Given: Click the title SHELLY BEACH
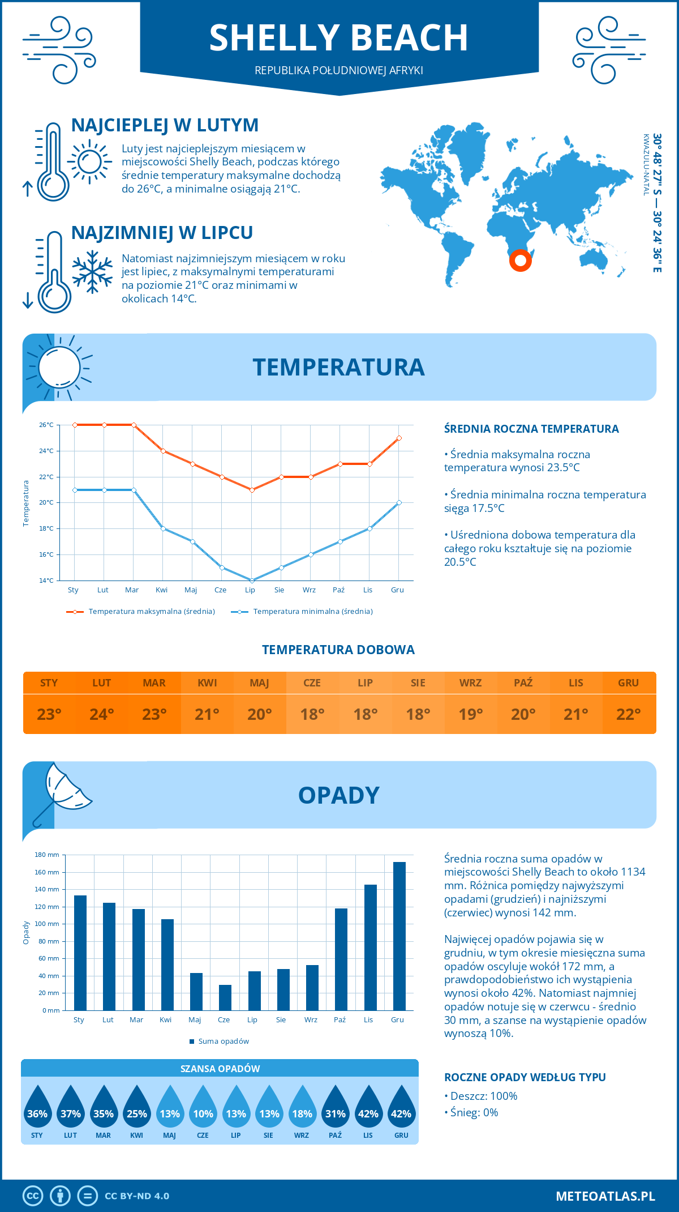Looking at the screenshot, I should click(338, 39).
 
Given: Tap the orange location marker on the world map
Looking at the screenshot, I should click(520, 261).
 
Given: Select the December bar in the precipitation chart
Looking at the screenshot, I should click(399, 936).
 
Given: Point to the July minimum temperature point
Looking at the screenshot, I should click(252, 581).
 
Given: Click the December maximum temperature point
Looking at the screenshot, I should click(399, 438).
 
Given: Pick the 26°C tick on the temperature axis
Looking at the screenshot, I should click(46, 425).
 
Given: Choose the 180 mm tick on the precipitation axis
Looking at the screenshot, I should click(47, 855).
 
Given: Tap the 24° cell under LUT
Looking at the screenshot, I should click(102, 714).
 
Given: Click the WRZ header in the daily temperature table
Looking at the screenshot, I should click(470, 683).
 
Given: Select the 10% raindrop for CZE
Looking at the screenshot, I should click(203, 1108).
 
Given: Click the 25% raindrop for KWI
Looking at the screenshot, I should click(137, 1108).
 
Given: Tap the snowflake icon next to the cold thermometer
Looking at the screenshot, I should click(92, 272).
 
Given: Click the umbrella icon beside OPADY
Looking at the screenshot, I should click(62, 790).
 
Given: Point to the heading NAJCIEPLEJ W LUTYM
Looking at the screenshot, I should click(165, 125).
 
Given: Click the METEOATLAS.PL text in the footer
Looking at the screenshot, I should click(605, 1196).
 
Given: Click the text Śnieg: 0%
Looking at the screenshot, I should click(474, 1112).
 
